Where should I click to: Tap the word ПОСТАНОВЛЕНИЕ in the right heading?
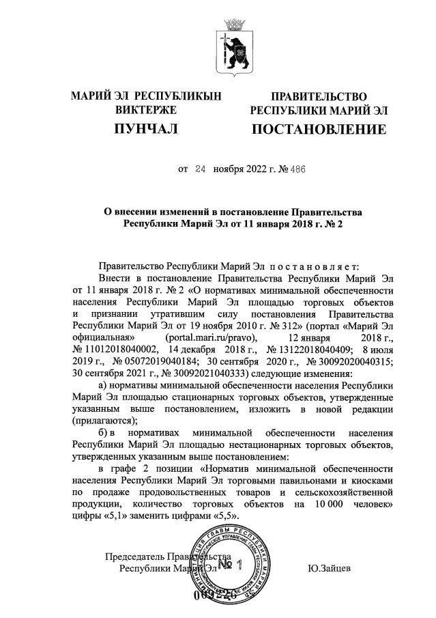pyautogui.click(x=319, y=129)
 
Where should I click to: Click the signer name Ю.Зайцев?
pyautogui.click(x=330, y=567)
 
